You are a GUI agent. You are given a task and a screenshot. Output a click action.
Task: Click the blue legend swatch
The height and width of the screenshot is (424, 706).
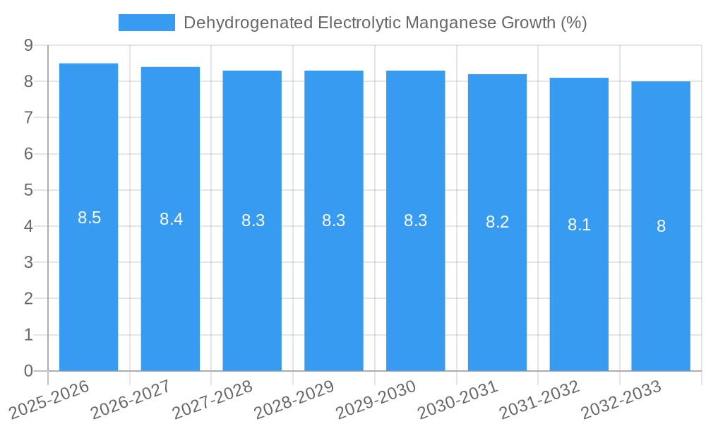pos(146,23)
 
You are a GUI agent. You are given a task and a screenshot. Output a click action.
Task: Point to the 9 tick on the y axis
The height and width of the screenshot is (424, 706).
pos(28,45)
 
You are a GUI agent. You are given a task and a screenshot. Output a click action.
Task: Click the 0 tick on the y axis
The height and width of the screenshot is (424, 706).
pos(28,371)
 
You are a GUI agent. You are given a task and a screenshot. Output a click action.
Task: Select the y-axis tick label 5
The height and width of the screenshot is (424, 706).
pos(28,190)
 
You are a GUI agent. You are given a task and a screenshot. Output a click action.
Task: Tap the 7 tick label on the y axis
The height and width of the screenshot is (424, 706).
pos(28,117)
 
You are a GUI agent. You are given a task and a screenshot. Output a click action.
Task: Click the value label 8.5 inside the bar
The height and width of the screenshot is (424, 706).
pos(90,218)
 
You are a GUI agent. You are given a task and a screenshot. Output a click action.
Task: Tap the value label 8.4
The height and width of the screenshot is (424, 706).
pos(171,219)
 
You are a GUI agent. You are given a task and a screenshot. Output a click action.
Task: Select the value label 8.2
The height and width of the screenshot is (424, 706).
pos(497,222)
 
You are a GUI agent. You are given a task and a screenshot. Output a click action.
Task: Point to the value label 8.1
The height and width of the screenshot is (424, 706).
pos(579,225)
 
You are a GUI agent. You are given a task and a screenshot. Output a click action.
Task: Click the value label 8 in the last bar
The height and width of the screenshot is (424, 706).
pos(661,226)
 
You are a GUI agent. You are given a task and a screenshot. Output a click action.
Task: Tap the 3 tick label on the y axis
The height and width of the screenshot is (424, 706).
pos(28,262)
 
